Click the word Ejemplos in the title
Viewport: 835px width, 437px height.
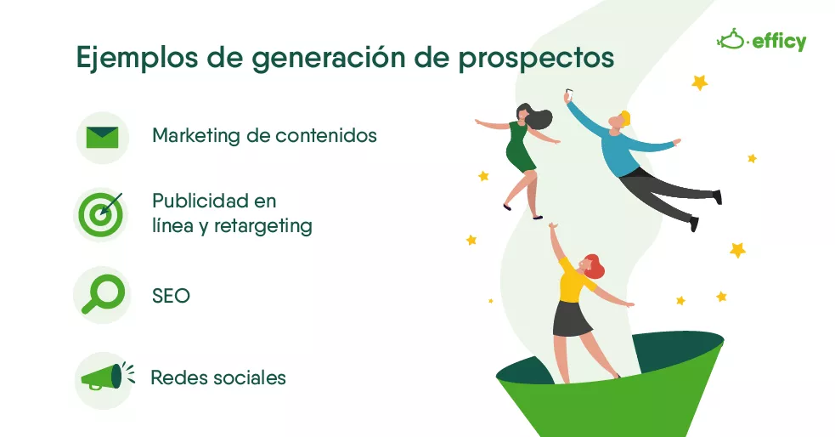[137, 58]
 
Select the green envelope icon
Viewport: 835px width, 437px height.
[102, 138]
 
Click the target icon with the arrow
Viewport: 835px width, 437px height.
[100, 214]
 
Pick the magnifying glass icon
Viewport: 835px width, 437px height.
[104, 293]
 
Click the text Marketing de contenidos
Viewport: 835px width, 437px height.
[264, 135]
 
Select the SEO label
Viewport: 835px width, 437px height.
[171, 296]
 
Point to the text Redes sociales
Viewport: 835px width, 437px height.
[218, 377]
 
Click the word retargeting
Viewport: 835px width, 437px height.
[263, 226]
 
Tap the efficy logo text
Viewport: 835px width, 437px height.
[779, 42]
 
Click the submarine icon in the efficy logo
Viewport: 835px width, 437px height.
[731, 39]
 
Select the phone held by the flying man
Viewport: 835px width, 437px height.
[569, 95]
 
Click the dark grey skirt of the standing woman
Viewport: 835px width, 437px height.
[571, 318]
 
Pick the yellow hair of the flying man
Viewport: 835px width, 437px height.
[625, 117]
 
